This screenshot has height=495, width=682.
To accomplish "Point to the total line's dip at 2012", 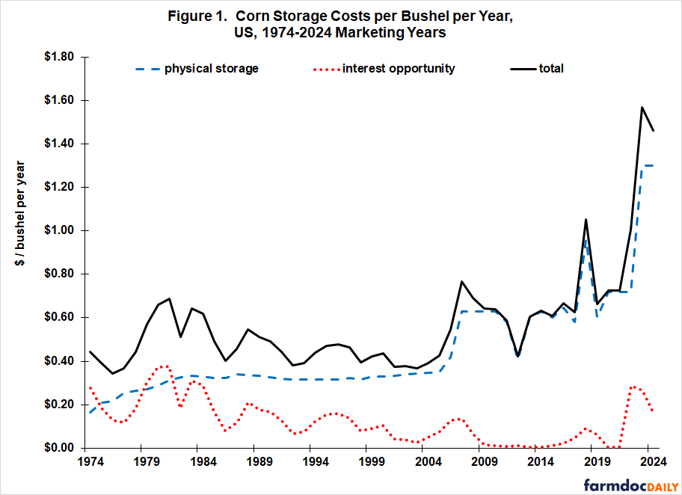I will pos(519,356).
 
